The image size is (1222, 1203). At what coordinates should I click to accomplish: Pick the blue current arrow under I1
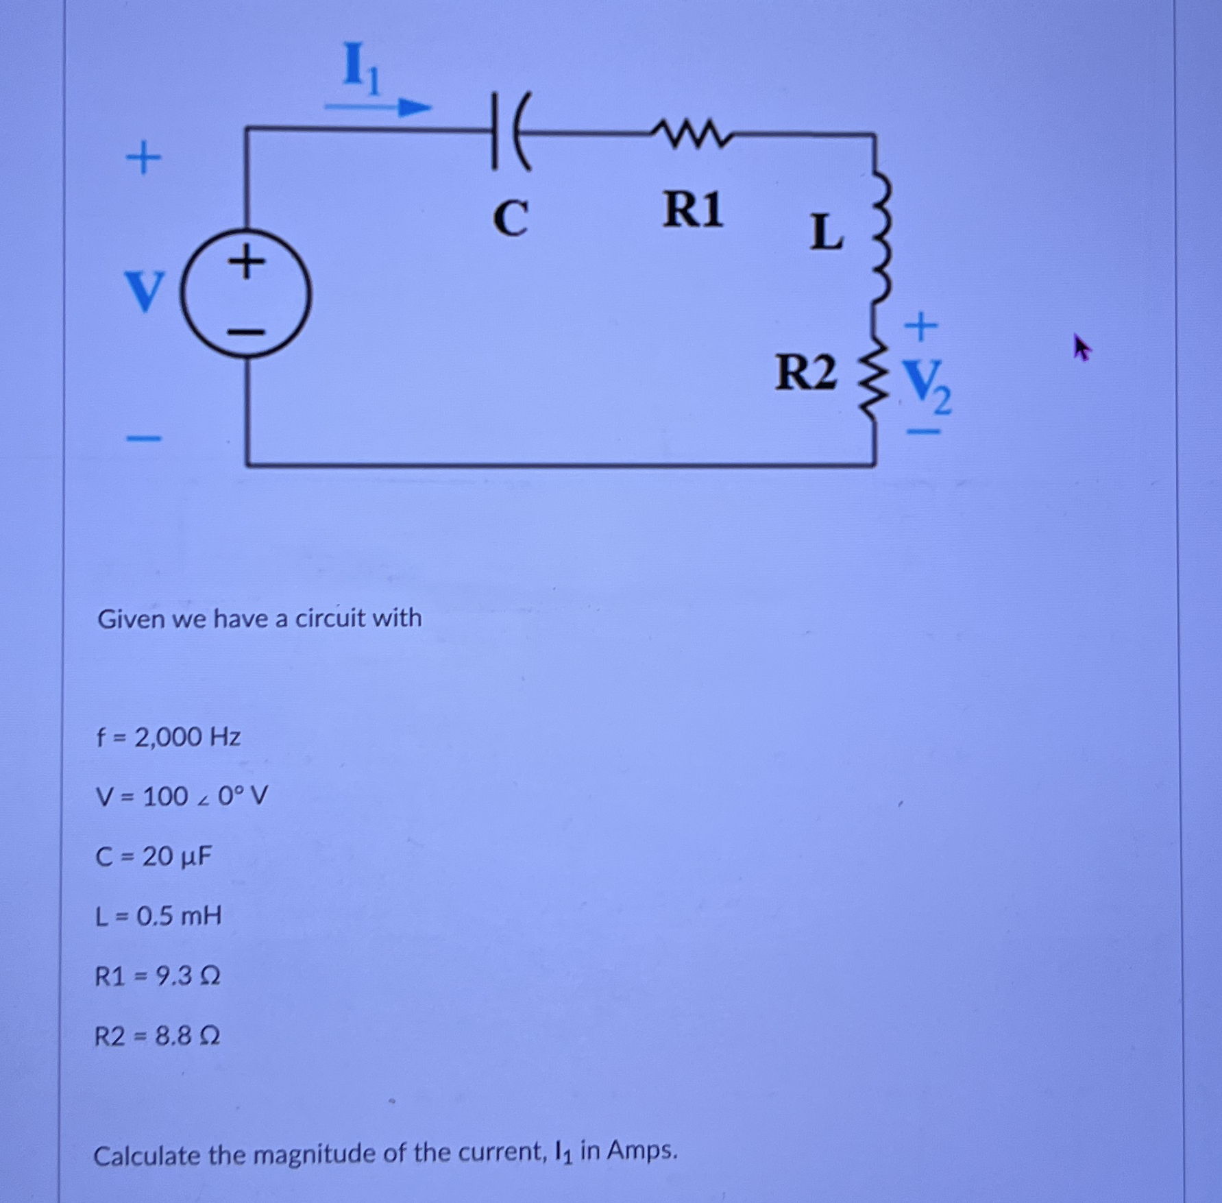pos(377,107)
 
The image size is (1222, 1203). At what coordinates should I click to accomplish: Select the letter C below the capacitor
pos(511,219)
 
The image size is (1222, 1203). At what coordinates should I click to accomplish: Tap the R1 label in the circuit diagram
pos(692,210)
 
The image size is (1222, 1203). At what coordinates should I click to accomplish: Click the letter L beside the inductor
pos(826,232)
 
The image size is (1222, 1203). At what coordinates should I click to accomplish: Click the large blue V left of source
pos(145,291)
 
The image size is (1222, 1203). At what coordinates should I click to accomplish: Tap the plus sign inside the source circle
pos(245,262)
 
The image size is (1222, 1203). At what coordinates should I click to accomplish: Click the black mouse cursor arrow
pos(1082,348)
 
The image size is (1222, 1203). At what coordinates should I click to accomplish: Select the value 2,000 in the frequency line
pos(169,738)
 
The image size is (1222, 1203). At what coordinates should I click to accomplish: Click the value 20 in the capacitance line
pos(157,857)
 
